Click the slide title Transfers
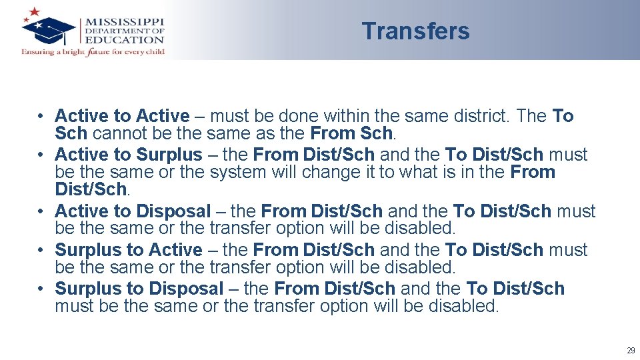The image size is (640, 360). [x=415, y=31]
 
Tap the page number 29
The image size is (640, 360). [x=630, y=351]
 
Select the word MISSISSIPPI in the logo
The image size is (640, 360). [x=125, y=21]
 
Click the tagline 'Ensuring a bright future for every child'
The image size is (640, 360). [x=93, y=51]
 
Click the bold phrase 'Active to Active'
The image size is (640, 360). [x=122, y=116]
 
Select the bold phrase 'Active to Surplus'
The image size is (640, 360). [x=128, y=155]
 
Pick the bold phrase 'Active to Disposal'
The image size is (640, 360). [x=132, y=211]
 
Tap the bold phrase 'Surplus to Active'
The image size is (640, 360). [x=128, y=250]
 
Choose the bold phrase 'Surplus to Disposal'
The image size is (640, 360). [x=139, y=289]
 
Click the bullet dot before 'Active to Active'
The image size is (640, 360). [x=41, y=116]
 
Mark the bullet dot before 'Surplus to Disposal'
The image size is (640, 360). [x=41, y=289]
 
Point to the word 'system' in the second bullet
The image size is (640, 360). [x=237, y=172]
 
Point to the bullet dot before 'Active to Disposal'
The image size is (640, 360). [x=41, y=211]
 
